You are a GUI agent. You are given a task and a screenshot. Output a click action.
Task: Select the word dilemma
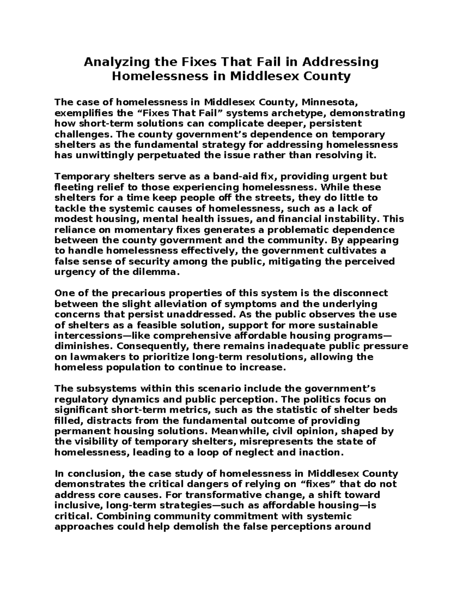(x=159, y=272)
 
